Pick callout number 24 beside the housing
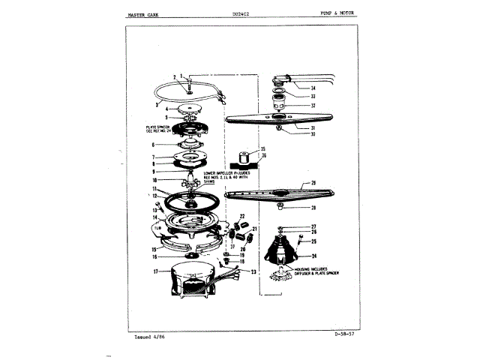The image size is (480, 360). [x=313, y=255]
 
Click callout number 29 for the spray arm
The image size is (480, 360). [x=313, y=183]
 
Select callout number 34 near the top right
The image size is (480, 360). [x=313, y=88]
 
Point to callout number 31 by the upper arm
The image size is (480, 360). [x=313, y=127]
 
